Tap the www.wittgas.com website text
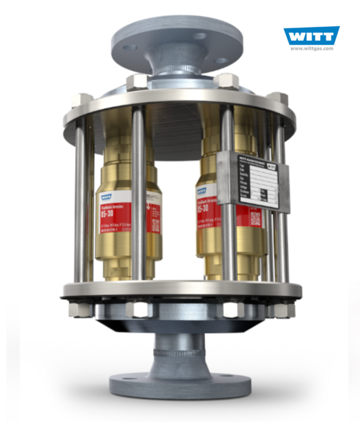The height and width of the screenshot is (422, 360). click(x=311, y=49)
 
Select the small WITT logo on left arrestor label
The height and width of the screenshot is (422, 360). click(x=101, y=197)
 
